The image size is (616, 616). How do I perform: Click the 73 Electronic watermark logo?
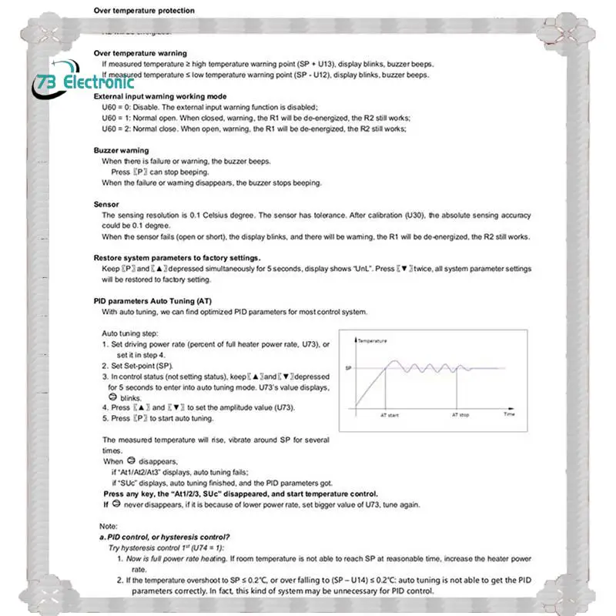coord(85,82)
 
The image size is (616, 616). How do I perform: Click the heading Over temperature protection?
coord(144,11)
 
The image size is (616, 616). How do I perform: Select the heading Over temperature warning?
coord(140,53)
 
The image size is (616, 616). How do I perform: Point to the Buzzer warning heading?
coord(122,150)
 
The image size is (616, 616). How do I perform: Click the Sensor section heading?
coord(106,204)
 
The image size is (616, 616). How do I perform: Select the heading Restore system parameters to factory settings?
coord(177,257)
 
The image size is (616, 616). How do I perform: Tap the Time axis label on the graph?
coord(509,414)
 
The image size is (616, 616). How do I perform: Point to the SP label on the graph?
coord(348,368)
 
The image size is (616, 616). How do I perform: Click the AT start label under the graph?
coord(390,414)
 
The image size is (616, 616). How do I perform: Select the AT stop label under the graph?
coord(459,414)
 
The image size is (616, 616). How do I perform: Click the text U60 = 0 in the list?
coord(119,107)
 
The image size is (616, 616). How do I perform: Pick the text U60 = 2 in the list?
coord(119,129)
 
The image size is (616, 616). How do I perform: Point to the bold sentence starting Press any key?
coord(240,494)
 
